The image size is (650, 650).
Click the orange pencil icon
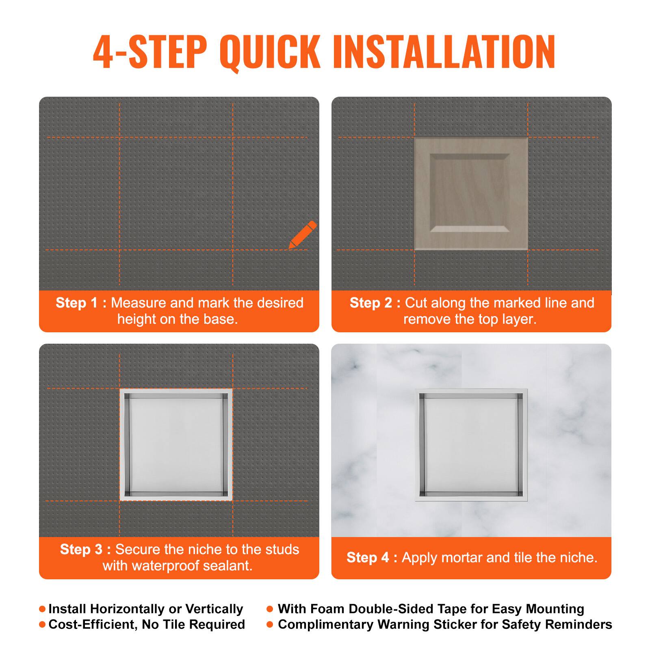[303, 235]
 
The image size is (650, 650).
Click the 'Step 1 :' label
[81, 303]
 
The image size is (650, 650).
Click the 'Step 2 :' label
[375, 303]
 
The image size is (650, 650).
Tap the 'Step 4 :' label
[372, 557]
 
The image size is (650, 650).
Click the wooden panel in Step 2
[471, 193]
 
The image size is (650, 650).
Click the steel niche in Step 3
[176, 444]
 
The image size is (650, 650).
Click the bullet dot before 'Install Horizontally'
[42, 609]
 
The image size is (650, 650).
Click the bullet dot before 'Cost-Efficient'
[42, 624]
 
